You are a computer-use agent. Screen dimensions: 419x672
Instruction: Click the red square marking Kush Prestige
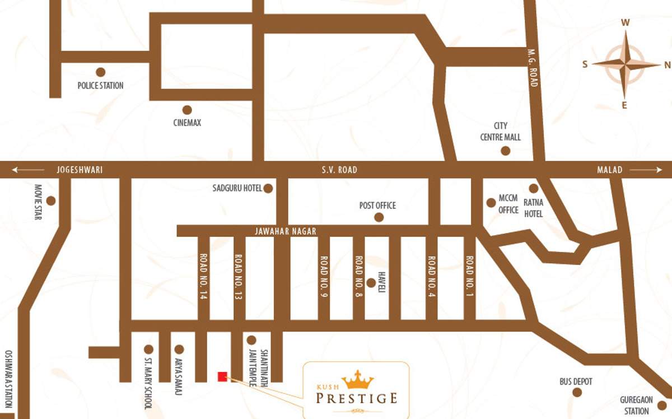pyautogui.click(x=222, y=376)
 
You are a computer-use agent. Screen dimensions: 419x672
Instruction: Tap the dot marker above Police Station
pyautogui.click(x=100, y=72)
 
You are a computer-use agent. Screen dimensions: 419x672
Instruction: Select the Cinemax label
pyautogui.click(x=187, y=123)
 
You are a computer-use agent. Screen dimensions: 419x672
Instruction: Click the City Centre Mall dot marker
pyautogui.click(x=505, y=151)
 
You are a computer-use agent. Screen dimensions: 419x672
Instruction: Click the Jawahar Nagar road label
pyautogui.click(x=286, y=231)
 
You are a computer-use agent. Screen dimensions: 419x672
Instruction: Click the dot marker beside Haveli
pyautogui.click(x=370, y=283)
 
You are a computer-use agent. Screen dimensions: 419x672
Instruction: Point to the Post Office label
pyautogui.click(x=377, y=206)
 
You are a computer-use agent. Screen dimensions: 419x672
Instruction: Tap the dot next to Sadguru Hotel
pyautogui.click(x=268, y=188)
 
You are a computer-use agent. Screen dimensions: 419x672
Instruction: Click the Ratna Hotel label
pyautogui.click(x=533, y=208)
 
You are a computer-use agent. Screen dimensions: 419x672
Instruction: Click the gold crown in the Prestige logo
pyautogui.click(x=357, y=380)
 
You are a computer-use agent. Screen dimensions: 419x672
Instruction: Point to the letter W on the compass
pyautogui.click(x=626, y=23)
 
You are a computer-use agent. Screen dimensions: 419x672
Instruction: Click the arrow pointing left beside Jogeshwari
pyautogui.click(x=28, y=170)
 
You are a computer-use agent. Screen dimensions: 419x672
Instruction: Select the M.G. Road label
pyautogui.click(x=533, y=67)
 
